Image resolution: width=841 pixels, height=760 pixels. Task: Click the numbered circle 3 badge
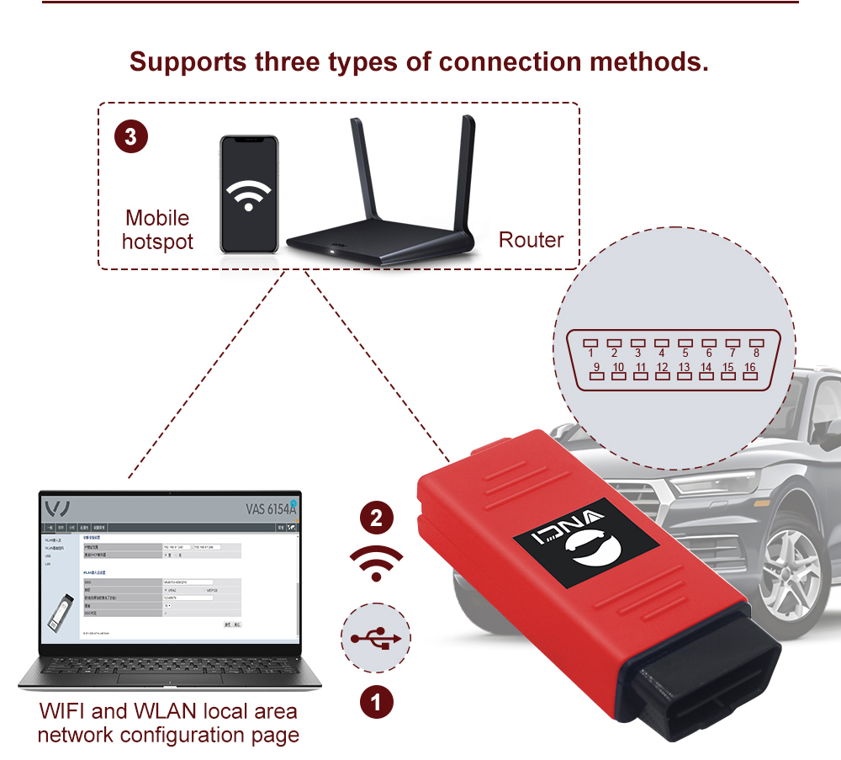point(130,137)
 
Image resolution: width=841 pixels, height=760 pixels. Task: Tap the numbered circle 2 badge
point(376,518)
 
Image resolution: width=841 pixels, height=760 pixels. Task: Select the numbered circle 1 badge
point(376,701)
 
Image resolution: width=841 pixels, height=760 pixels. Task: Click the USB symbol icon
point(376,639)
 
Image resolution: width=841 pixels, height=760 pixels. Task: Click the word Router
point(531,240)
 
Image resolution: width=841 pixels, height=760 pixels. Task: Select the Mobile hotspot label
point(157,230)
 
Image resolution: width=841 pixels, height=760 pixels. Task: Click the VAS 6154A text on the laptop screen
point(271,508)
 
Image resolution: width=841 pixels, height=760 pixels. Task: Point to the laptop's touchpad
point(168,679)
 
